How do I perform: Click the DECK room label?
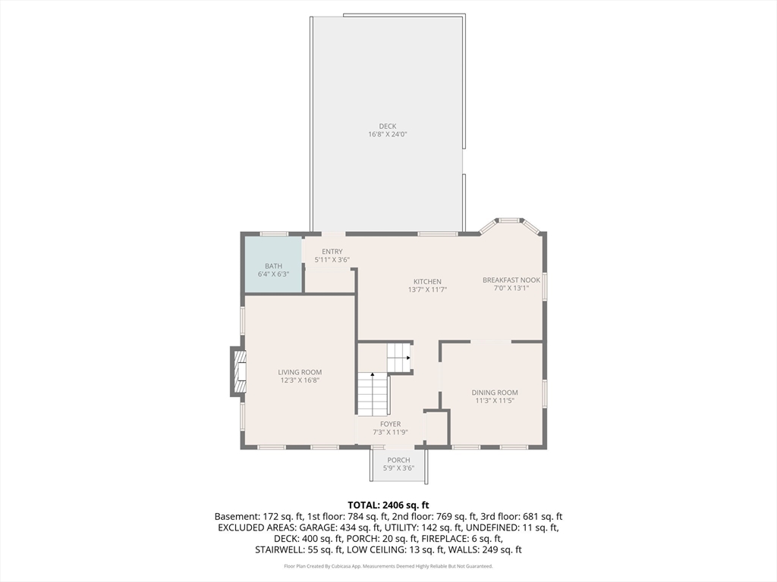(x=388, y=127)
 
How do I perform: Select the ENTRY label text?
(x=332, y=252)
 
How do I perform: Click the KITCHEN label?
(x=426, y=281)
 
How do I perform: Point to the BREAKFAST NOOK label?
(x=511, y=280)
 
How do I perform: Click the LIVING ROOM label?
(x=300, y=372)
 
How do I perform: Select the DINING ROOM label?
(x=495, y=393)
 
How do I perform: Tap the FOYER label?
(x=390, y=424)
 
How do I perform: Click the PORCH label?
(x=398, y=460)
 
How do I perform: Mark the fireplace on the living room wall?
(x=238, y=371)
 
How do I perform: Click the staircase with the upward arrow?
(x=373, y=394)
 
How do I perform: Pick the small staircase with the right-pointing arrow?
(x=399, y=358)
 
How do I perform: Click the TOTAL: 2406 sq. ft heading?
(x=388, y=505)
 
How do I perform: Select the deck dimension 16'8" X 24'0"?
(x=388, y=135)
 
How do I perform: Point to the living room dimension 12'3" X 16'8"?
(x=300, y=380)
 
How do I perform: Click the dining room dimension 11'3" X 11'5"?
(x=495, y=401)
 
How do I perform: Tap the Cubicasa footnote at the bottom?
(x=388, y=566)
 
